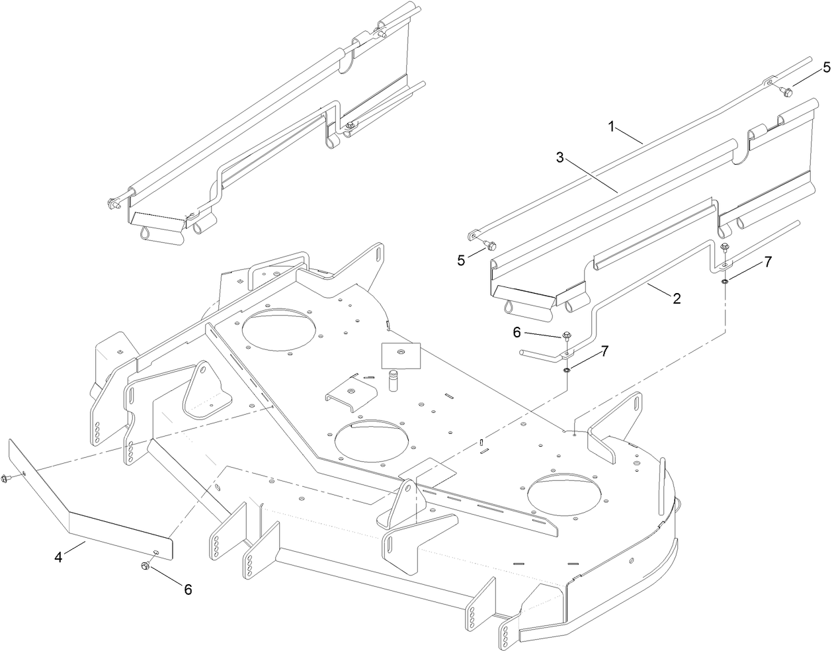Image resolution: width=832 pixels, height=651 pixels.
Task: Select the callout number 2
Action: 677,298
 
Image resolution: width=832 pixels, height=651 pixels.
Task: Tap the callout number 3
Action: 560,158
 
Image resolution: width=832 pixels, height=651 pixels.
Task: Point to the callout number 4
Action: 58,558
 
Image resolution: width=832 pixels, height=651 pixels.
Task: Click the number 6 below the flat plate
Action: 188,589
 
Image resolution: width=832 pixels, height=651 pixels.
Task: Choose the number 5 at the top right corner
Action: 826,67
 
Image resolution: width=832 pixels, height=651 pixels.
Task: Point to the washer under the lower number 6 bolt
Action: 567,368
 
